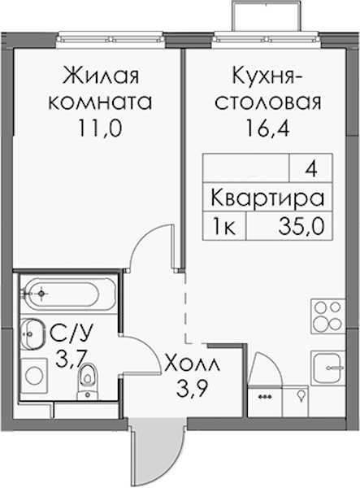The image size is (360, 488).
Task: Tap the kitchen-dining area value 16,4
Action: (x=267, y=129)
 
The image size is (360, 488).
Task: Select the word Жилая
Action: (x=101, y=76)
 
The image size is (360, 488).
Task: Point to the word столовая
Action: (x=268, y=102)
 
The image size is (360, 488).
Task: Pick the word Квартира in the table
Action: (x=267, y=198)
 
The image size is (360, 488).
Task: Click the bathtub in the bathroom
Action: (x=60, y=293)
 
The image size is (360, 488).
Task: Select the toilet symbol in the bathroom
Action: (x=88, y=381)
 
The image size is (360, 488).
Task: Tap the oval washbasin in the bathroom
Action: (x=33, y=333)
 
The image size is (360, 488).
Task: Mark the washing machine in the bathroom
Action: (x=34, y=376)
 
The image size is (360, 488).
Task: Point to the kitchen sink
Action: (x=328, y=368)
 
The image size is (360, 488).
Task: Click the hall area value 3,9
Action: (x=192, y=388)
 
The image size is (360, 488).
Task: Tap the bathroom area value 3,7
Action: (x=69, y=359)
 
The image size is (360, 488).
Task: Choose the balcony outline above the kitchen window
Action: (x=267, y=15)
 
